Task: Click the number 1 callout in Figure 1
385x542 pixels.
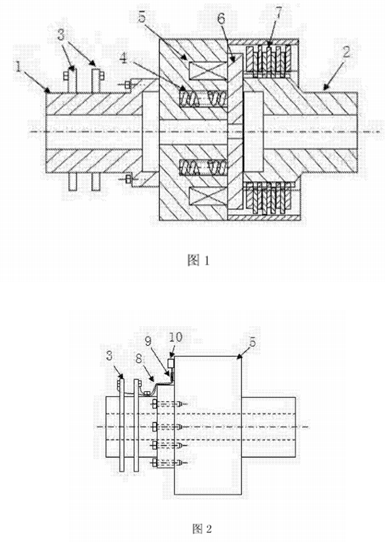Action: pyautogui.click(x=18, y=66)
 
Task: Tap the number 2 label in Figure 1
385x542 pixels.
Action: pyautogui.click(x=346, y=52)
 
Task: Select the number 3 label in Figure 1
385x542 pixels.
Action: pyautogui.click(x=62, y=35)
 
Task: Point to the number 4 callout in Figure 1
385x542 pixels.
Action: pyautogui.click(x=124, y=59)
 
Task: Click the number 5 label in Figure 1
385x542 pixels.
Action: pyautogui.click(x=142, y=16)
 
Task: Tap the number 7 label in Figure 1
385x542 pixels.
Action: pyautogui.click(x=277, y=12)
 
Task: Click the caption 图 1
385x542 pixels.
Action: pyautogui.click(x=198, y=261)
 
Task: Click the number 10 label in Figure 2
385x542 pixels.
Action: pyautogui.click(x=176, y=337)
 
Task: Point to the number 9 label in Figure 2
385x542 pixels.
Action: pyautogui.click(x=148, y=341)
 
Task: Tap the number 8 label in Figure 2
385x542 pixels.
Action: pyautogui.click(x=138, y=358)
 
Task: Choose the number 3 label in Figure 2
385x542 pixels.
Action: pyautogui.click(x=110, y=356)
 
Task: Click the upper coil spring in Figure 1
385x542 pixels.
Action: pyautogui.click(x=203, y=99)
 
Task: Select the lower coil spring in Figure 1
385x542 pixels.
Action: pyautogui.click(x=203, y=168)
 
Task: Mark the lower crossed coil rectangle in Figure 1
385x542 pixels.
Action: pyautogui.click(x=207, y=196)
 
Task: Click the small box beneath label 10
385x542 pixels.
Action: pyautogui.click(x=171, y=364)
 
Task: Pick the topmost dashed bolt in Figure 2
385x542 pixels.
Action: pyautogui.click(x=168, y=404)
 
